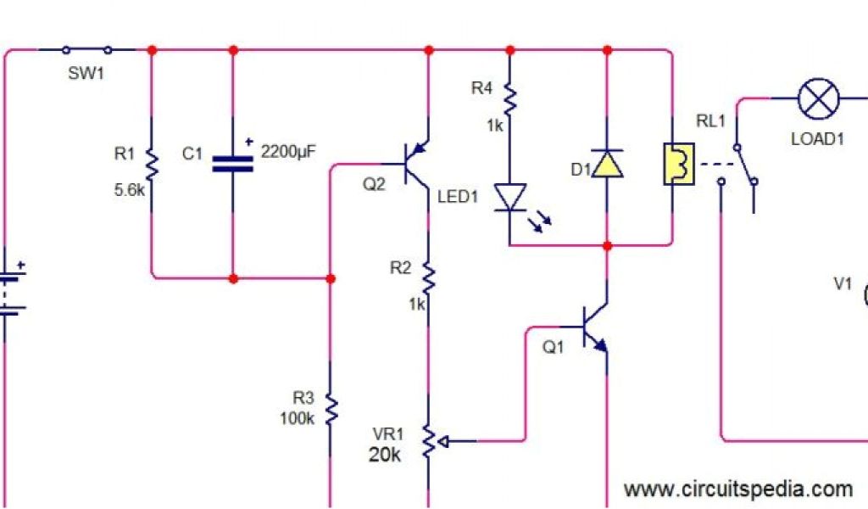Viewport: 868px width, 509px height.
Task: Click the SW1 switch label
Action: point(86,74)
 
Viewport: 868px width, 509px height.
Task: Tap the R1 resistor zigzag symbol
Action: point(151,163)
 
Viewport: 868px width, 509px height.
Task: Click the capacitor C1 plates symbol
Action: point(233,163)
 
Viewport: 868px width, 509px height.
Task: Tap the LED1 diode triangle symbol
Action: point(509,198)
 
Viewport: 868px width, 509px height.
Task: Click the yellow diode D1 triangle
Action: point(607,164)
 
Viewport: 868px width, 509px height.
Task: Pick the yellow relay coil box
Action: point(677,164)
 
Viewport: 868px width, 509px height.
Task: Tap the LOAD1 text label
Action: point(817,139)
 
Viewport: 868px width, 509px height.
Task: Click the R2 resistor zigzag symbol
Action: point(428,276)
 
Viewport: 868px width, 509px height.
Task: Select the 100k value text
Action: point(298,418)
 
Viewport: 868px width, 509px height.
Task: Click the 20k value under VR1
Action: point(384,455)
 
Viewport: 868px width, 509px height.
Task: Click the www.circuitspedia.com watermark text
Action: point(737,489)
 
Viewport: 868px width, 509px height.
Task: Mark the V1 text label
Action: point(842,283)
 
